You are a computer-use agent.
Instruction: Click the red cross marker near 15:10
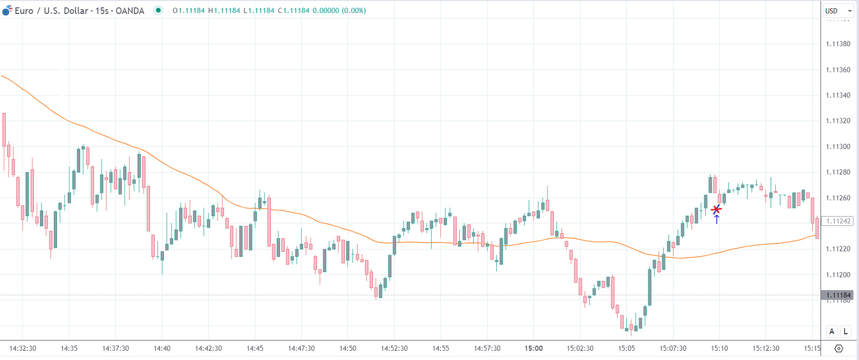716,209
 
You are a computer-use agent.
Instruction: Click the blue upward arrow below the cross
717,219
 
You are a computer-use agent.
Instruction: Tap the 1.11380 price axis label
838,44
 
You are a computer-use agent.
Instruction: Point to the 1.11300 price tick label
838,147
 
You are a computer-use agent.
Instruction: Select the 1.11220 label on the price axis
838,249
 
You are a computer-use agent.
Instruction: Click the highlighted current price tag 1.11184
838,295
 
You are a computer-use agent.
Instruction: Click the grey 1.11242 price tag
838,221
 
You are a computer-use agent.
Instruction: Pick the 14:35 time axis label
69,349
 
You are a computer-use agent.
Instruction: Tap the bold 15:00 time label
533,349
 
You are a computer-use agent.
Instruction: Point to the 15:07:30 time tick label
673,349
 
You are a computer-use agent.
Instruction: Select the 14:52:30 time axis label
394,349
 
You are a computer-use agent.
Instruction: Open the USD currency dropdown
838,11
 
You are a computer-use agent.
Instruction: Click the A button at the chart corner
832,331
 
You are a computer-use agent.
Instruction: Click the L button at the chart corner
845,331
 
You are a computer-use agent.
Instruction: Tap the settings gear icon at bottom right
838,349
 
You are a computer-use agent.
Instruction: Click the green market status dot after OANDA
158,10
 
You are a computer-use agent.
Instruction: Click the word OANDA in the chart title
130,11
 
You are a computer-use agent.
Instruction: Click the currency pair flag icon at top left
7,10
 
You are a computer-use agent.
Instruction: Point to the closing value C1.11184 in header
293,11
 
